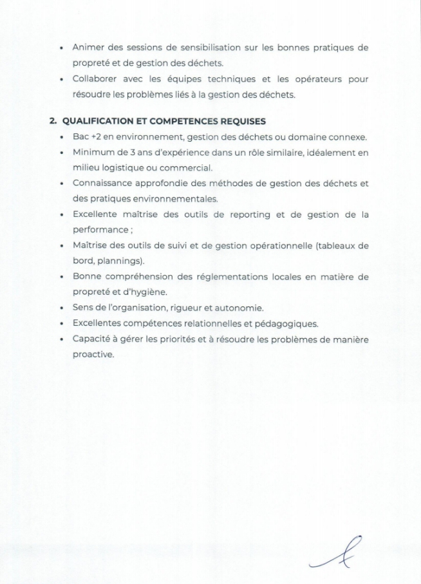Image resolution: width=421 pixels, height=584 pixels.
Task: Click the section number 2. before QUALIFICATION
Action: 53,121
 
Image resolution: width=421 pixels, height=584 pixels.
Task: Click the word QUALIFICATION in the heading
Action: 96,121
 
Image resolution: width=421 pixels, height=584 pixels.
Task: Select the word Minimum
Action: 93,153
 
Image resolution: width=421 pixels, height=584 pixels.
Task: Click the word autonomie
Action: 236,308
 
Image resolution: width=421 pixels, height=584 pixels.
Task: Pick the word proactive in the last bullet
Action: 93,355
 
